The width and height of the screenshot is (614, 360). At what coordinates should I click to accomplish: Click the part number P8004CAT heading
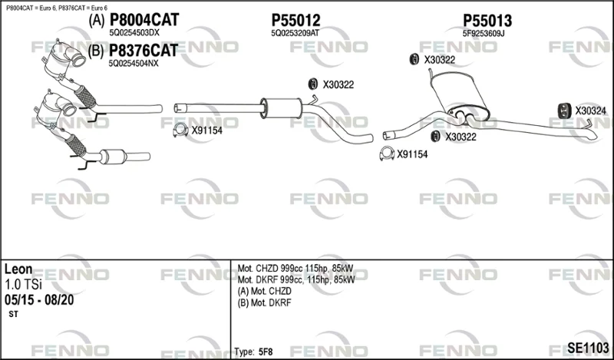[144, 20]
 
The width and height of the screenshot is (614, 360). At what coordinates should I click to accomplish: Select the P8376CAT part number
[143, 50]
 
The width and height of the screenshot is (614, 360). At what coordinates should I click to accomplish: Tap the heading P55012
[295, 21]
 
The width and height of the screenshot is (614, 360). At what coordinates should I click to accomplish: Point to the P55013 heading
[487, 21]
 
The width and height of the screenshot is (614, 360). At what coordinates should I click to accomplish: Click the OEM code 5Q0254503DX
[134, 33]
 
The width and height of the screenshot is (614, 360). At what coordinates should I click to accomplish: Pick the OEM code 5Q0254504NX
[134, 64]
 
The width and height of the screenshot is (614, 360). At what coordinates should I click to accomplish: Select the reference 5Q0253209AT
[295, 33]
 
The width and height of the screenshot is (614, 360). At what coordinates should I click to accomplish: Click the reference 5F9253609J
[484, 34]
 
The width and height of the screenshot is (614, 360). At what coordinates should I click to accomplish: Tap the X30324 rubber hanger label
[590, 111]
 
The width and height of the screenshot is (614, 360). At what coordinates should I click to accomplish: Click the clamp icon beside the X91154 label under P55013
[387, 154]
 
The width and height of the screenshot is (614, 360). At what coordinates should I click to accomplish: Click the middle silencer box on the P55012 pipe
[280, 107]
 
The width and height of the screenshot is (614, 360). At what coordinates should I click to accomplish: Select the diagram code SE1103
[588, 348]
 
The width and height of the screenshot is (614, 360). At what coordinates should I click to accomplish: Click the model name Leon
[18, 269]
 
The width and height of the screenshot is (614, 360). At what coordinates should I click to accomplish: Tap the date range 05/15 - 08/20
[39, 300]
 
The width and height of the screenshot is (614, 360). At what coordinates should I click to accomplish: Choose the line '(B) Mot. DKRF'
[264, 302]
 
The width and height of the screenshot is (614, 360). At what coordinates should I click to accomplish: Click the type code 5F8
[266, 352]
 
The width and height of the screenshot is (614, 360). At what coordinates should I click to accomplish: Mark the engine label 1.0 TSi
[23, 285]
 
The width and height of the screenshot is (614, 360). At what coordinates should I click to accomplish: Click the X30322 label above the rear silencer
[439, 60]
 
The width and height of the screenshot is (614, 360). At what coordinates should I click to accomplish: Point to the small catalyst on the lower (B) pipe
[113, 157]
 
